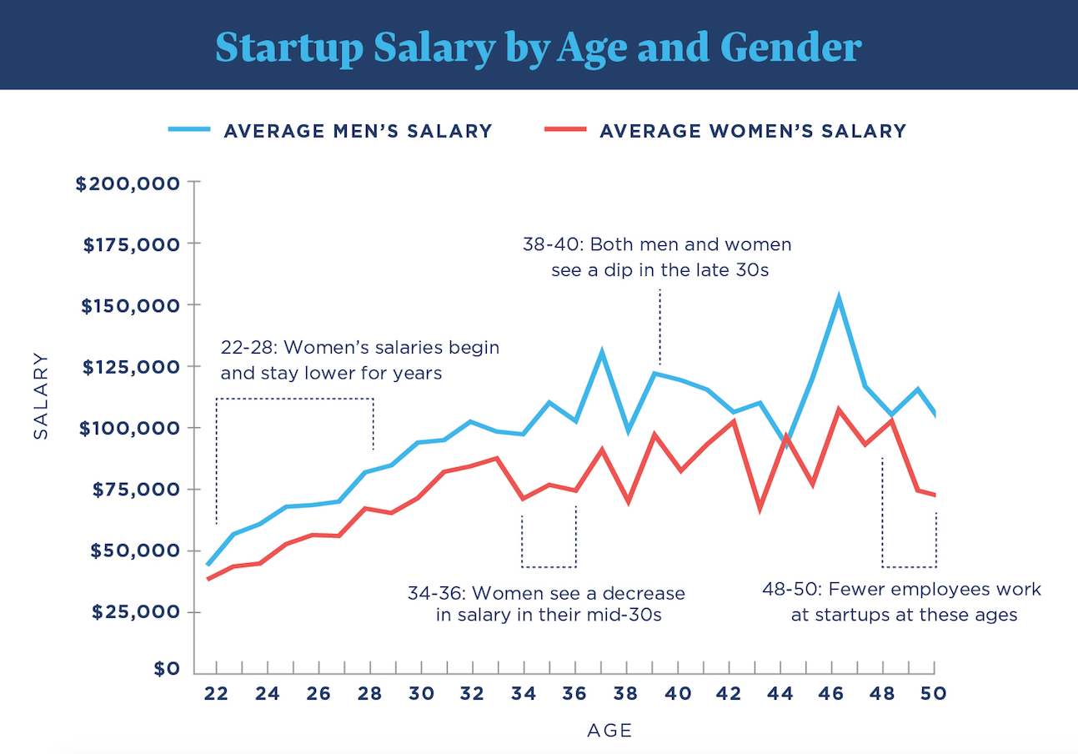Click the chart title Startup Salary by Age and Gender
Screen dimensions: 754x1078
point(538,47)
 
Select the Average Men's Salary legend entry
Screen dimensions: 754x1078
point(357,131)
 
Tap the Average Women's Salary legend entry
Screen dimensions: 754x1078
point(752,131)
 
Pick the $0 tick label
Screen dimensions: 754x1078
point(165,668)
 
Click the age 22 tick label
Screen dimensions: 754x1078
point(216,694)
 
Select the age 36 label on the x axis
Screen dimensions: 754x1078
point(575,694)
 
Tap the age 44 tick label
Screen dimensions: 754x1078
point(780,694)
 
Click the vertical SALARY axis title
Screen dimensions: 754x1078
point(41,396)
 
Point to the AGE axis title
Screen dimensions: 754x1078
point(609,731)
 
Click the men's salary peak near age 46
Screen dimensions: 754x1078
point(839,297)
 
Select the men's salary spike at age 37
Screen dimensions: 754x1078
point(601,352)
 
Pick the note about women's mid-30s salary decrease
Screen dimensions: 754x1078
point(546,605)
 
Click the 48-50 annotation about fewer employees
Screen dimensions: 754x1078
point(902,602)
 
